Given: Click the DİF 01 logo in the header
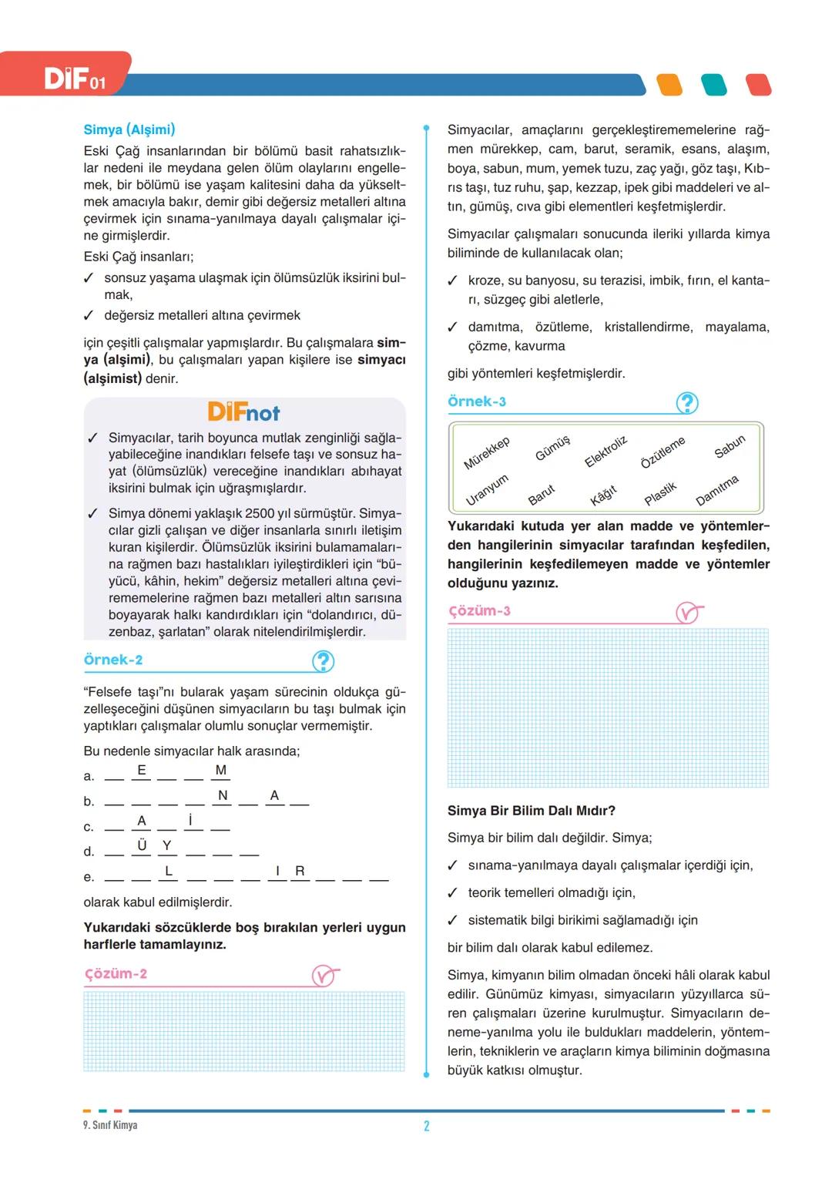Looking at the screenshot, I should [74, 79].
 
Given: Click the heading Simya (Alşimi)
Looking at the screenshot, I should [129, 129].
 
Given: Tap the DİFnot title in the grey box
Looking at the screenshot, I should [243, 412].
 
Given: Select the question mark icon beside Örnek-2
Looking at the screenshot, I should [323, 661].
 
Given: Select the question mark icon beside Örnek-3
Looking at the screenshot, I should [686, 403].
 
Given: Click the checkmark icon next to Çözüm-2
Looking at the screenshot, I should [324, 976].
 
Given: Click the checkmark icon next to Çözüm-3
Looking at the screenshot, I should [688, 613].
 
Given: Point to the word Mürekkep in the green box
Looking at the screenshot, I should [486, 453].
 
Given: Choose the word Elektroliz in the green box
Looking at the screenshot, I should [606, 452].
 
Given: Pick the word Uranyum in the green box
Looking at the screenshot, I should [487, 489].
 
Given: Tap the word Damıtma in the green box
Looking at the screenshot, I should [716, 490].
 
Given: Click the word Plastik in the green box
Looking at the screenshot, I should [660, 493].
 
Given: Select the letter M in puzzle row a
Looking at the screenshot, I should [221, 770].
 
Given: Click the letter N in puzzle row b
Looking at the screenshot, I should [223, 795].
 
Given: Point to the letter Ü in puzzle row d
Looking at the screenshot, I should [142, 845].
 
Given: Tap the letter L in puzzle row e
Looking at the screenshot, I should [169, 871].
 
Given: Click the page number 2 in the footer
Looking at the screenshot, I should [427, 1126].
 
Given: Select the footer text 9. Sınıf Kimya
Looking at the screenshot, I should [110, 1125].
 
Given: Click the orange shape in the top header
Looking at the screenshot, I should [670, 85].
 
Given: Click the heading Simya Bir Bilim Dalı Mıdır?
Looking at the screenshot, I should [532, 811].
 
